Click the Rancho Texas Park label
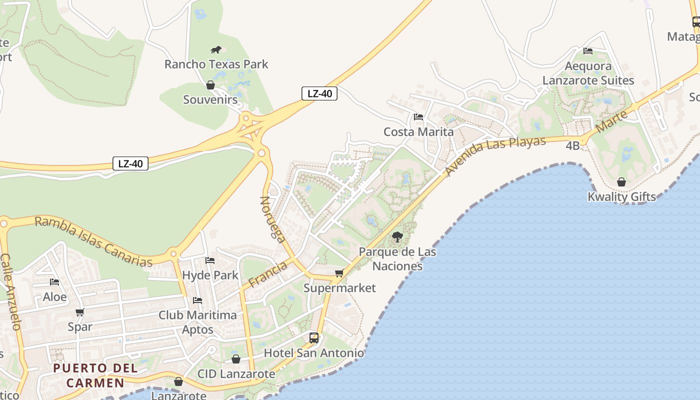point(216,64)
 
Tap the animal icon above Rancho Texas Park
point(216,49)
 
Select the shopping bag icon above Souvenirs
point(210,85)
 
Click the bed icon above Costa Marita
point(418,117)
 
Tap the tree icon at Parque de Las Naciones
point(397,237)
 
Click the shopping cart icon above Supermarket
point(339,273)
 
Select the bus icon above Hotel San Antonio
point(314,337)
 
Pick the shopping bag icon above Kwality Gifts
point(621,182)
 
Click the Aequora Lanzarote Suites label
point(588,73)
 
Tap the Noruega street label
point(272,219)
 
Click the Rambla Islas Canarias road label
point(93,241)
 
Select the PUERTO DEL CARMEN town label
point(95,375)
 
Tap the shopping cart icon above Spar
point(79,312)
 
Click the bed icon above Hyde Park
point(210,260)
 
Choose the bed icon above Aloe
point(54,282)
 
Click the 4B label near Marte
point(572,145)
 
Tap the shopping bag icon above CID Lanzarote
point(236,359)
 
